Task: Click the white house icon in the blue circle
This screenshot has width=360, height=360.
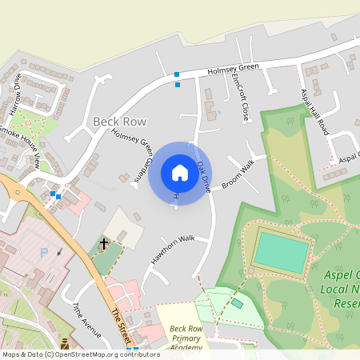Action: tap(179, 173)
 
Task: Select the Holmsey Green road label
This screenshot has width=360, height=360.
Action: tap(233, 70)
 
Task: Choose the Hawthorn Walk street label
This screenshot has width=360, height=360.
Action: tap(173, 249)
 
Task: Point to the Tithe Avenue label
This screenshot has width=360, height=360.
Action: tap(86, 319)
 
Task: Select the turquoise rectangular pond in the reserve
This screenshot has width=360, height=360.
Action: tap(282, 253)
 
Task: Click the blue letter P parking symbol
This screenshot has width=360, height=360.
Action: tap(44, 251)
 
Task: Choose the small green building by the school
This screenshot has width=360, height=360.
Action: tap(237, 303)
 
